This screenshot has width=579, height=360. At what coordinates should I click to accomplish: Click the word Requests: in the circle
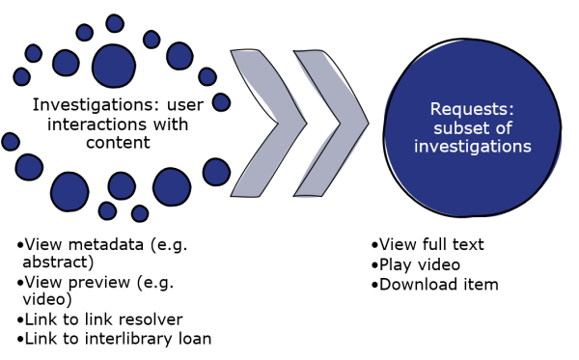coord(473,109)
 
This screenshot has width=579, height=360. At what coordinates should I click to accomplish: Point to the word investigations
coord(473,146)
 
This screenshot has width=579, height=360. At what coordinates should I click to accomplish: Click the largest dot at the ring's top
coord(114,66)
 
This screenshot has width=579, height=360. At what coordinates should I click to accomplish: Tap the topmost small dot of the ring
coord(115,23)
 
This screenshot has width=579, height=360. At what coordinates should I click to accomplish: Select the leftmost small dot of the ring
coord(11,142)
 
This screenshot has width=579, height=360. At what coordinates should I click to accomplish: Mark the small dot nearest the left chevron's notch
coord(221,102)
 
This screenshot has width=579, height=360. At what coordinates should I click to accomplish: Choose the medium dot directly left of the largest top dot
coord(66,63)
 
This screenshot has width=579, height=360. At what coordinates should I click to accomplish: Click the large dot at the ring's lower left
coord(69,191)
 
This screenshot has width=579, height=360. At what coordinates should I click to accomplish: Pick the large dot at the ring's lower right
coord(172,186)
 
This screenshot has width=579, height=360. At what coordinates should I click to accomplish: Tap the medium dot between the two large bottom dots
coord(122,185)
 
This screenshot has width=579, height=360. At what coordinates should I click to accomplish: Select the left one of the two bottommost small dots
coord(107,210)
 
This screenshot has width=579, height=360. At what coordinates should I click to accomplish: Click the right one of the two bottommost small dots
coord(140,213)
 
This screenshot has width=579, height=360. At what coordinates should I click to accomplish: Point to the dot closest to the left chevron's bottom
coord(216,172)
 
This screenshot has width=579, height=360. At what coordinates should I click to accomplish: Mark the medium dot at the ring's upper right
coord(179,56)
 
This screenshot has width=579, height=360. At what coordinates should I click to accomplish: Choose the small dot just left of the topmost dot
coord(85,33)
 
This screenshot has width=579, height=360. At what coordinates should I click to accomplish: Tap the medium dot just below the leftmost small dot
coord(29,167)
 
